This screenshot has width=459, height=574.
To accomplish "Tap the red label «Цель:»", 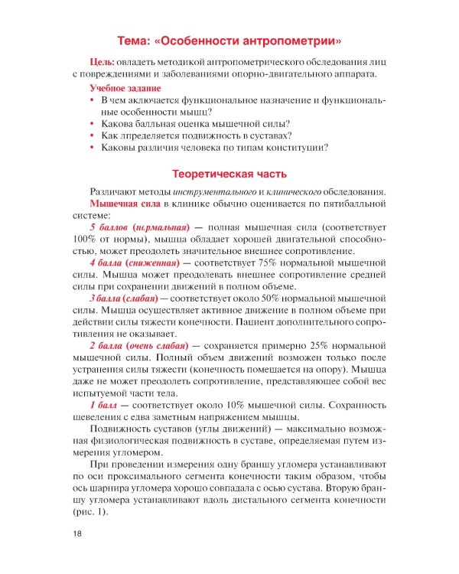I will pos(103,61).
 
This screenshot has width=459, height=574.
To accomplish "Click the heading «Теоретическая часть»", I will pos(229,173).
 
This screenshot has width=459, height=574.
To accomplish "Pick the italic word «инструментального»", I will pos(216,191).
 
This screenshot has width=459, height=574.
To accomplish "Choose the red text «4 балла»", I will pos(107,263).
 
